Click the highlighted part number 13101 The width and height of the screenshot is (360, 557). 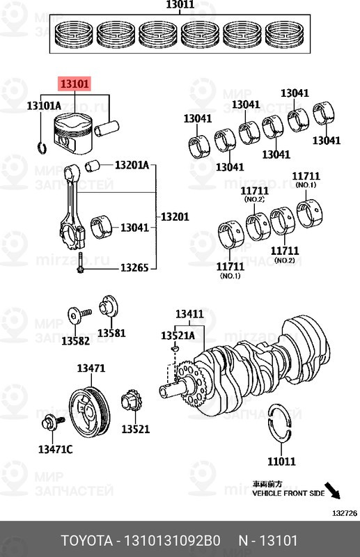(x=75, y=85)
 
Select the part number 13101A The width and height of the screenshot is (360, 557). (x=44, y=106)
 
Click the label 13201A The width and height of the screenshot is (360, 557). (x=132, y=165)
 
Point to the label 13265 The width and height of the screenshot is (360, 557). (x=134, y=267)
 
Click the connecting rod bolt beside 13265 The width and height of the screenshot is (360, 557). (x=82, y=267)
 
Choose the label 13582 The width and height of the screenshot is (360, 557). (x=75, y=340)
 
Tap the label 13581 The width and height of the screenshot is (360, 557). (x=111, y=333)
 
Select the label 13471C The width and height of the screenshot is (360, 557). (x=55, y=449)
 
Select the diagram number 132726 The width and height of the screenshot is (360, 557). (x=343, y=513)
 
